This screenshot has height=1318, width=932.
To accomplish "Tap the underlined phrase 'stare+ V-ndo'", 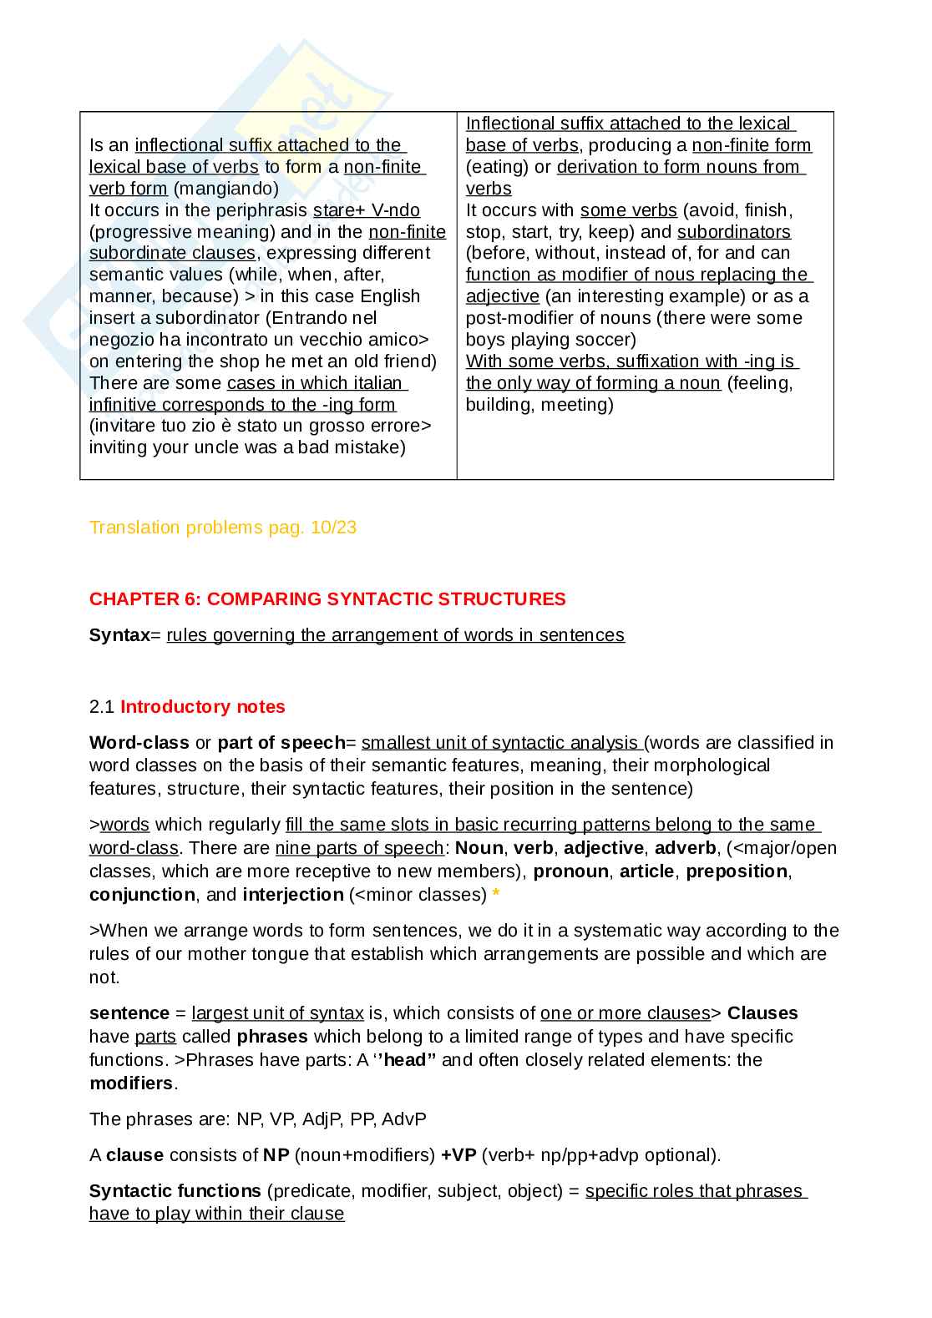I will [366, 210].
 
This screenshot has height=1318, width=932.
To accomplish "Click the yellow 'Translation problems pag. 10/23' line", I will [223, 528].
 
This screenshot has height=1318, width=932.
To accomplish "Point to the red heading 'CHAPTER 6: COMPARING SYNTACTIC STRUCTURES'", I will [327, 599].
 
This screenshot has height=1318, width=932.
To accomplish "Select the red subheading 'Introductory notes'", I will [202, 707].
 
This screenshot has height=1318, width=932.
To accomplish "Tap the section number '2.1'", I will [101, 707].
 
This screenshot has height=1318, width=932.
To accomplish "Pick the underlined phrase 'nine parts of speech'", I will [359, 848].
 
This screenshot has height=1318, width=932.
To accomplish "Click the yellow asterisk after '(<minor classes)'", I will [496, 895].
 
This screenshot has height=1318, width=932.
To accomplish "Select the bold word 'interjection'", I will [293, 895].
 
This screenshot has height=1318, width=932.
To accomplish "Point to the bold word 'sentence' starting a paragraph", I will [129, 1013].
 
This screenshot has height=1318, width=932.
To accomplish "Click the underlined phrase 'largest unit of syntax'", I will [277, 1013].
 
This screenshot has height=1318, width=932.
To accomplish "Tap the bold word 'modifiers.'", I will [133, 1083].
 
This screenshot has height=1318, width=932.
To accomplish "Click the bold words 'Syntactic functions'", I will [175, 1191].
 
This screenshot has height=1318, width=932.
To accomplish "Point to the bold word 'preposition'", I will [736, 871].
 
